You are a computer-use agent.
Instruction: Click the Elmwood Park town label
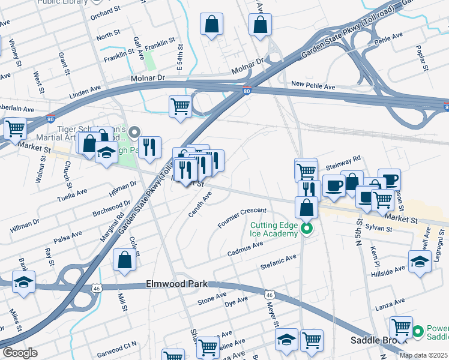pyautogui.click(x=176, y=284)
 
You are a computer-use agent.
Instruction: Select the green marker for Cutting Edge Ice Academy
pyautogui.click(x=307, y=228)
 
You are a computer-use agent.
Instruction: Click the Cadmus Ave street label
pyautogui.click(x=245, y=249)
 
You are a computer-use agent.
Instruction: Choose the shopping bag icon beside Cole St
pyautogui.click(x=124, y=260)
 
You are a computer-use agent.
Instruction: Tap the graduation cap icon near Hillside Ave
pyautogui.click(x=420, y=261)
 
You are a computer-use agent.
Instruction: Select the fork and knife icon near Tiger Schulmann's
pyautogui.click(x=149, y=146)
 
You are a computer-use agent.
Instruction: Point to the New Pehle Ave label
pyautogui.click(x=313, y=86)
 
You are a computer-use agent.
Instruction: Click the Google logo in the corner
pyautogui.click(x=20, y=353)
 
